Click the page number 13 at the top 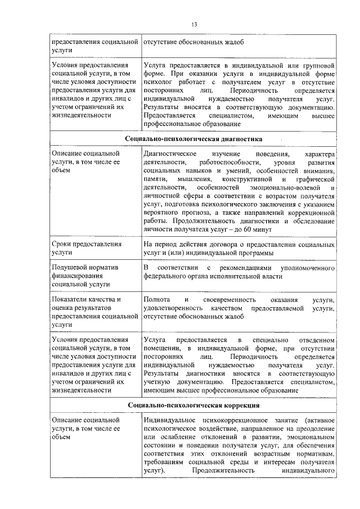click(194, 24)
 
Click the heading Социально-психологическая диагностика click(193, 138)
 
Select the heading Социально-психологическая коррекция click(193, 405)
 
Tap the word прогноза click(196, 213)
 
